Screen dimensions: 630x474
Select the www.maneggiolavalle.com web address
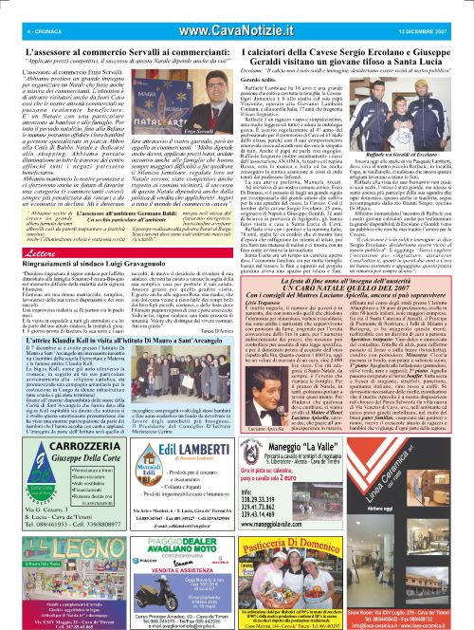coord(342,547)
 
